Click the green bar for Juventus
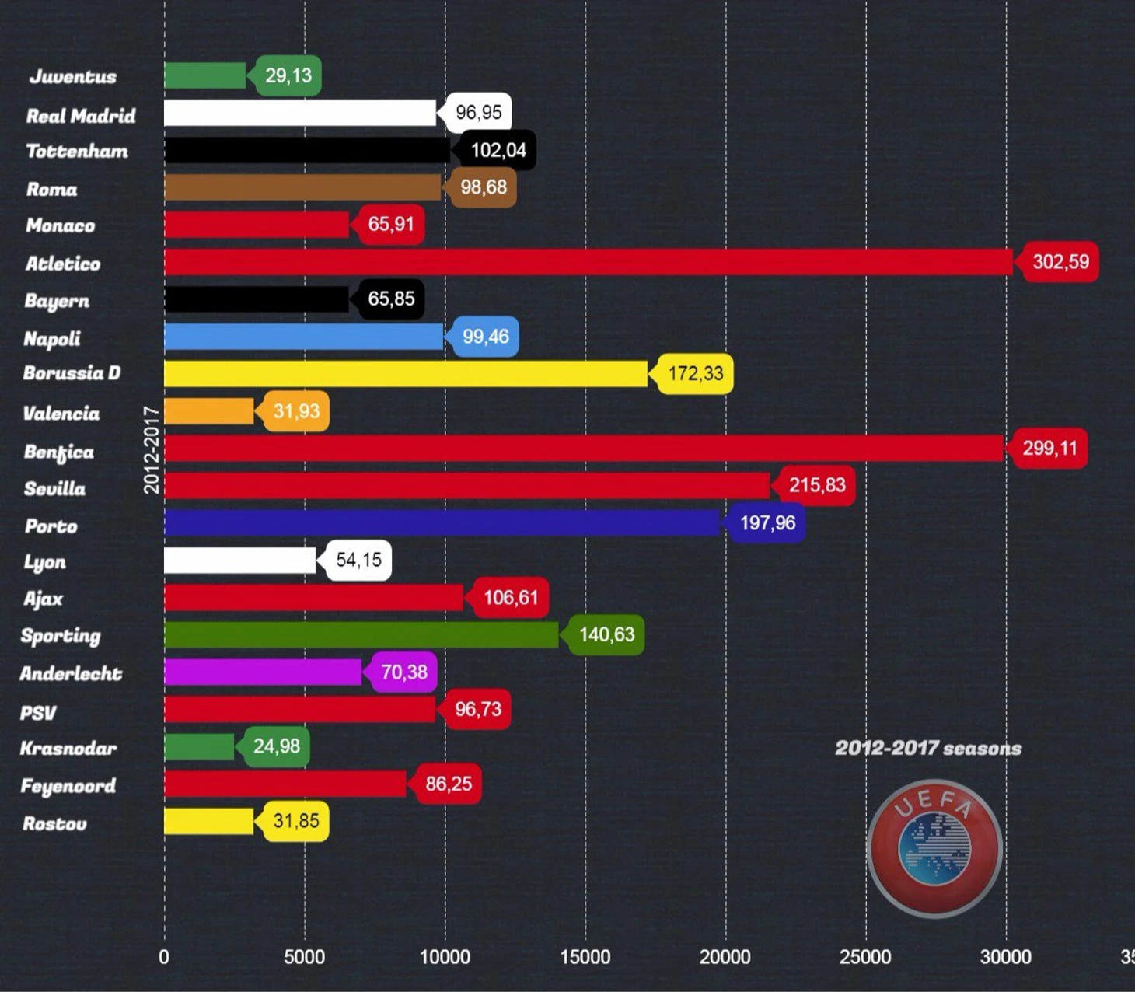click(204, 75)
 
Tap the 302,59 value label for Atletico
click(1060, 262)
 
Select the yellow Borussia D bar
click(405, 374)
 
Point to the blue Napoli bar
click(303, 337)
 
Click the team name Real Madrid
click(81, 116)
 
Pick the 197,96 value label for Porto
click(767, 522)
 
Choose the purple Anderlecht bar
click(263, 672)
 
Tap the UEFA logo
click(934, 847)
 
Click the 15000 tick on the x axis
click(585, 957)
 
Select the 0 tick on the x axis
click(164, 957)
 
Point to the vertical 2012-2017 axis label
click(152, 449)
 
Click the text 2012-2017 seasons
click(928, 748)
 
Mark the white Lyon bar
click(239, 561)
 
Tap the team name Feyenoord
click(68, 786)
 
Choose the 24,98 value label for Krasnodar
click(277, 746)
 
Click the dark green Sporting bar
click(361, 635)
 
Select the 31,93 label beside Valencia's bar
click(296, 411)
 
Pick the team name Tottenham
click(77, 152)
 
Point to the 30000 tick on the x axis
click(1006, 957)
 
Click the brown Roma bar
click(302, 187)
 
